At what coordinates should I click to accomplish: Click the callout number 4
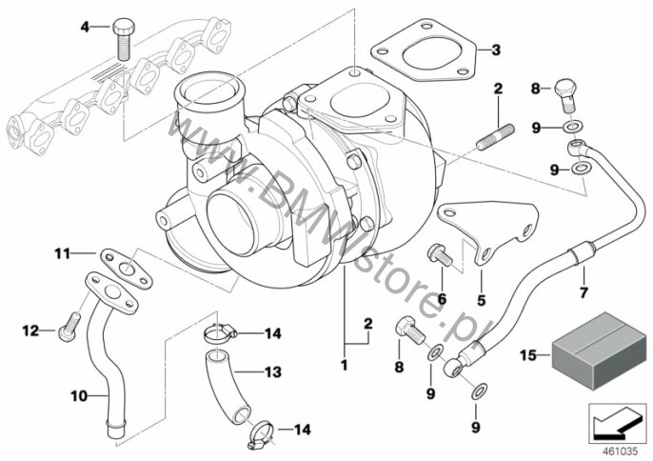[85, 27]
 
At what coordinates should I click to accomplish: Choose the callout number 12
[30, 331]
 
